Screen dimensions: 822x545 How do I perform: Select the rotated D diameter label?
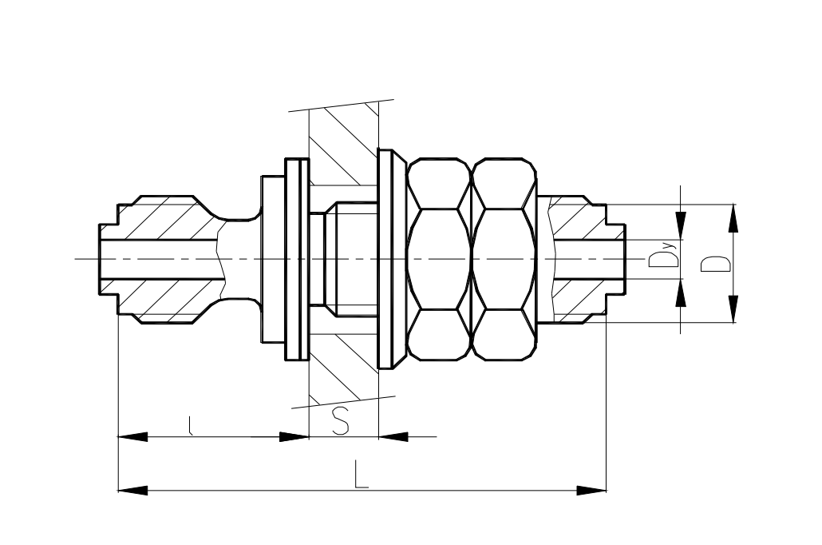tap(716, 264)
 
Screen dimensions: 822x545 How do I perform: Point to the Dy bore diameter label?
tap(663, 255)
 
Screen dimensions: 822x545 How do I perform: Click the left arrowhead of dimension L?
tap(132, 491)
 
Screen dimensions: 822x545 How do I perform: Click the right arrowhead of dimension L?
tap(591, 491)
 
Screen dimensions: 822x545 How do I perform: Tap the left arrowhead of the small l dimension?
tap(132, 437)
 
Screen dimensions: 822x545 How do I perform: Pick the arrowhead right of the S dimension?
tap(393, 437)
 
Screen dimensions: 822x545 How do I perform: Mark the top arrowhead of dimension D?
tap(733, 218)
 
